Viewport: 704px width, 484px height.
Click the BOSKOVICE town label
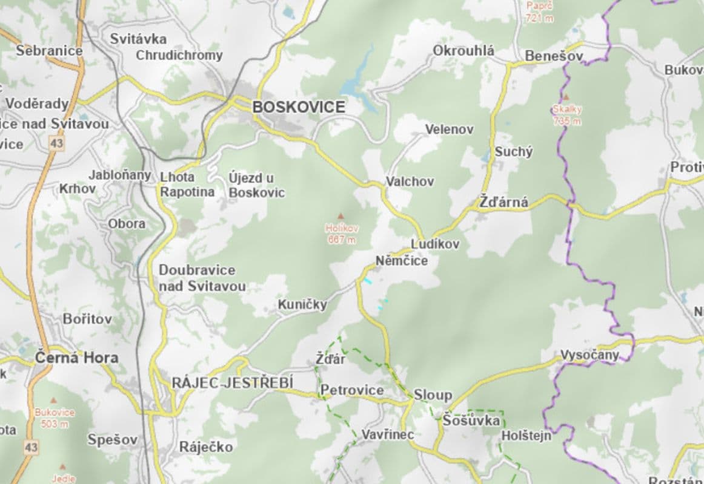(x=299, y=107)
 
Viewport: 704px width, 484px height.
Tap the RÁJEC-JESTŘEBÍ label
(x=233, y=382)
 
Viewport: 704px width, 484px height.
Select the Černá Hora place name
(x=76, y=357)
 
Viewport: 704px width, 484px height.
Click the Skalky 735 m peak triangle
(x=566, y=97)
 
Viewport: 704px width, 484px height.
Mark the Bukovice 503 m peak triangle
(x=54, y=401)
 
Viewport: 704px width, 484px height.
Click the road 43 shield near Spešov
(x=31, y=448)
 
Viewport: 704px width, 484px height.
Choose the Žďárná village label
(x=503, y=203)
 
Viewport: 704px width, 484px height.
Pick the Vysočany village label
(x=589, y=355)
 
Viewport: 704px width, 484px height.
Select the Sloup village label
(x=433, y=395)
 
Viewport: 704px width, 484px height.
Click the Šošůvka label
(x=471, y=420)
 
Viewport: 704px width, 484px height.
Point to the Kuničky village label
(x=302, y=304)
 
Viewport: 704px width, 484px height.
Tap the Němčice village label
(x=401, y=261)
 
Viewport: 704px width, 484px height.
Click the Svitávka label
(x=138, y=39)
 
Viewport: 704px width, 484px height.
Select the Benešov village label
(x=554, y=56)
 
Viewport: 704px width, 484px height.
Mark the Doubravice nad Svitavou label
(x=202, y=278)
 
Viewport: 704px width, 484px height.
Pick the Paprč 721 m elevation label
(x=539, y=11)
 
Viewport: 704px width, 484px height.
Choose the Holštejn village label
(x=526, y=435)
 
